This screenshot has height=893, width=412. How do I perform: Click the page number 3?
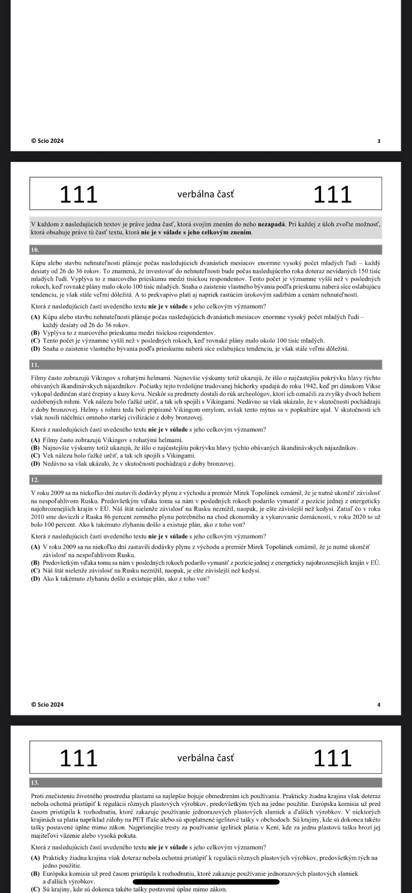point(379,141)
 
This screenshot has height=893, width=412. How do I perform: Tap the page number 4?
point(379,704)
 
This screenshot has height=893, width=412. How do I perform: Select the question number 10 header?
point(35,249)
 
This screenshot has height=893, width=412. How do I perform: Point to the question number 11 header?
point(35,364)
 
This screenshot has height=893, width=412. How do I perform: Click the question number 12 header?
point(35,480)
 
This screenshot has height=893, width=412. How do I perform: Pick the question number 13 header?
point(35,782)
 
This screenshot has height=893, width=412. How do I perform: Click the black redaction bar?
point(203,882)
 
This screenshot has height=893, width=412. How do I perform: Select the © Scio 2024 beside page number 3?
point(47,141)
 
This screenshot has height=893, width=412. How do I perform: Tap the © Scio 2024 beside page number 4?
point(47,704)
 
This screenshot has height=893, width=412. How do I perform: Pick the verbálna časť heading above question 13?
point(205,758)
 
